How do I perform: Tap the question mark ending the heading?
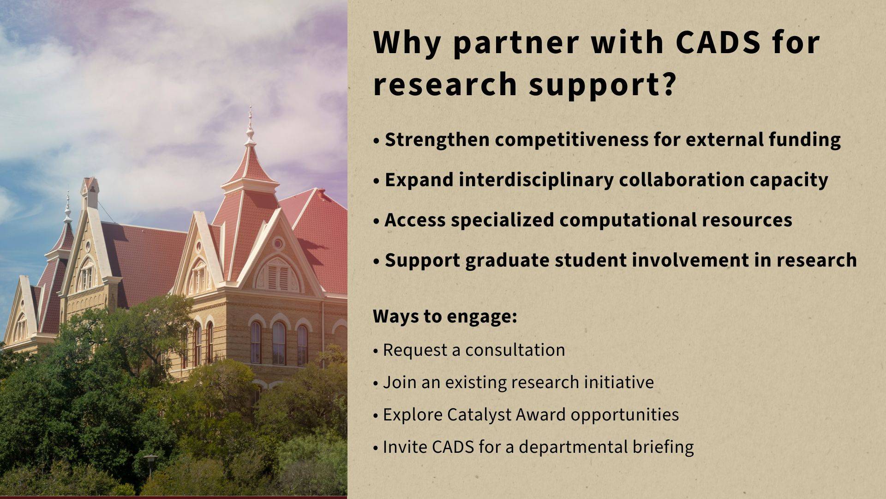click(x=666, y=84)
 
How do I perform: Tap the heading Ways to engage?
click(x=444, y=316)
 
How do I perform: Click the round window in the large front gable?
click(x=278, y=243)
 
